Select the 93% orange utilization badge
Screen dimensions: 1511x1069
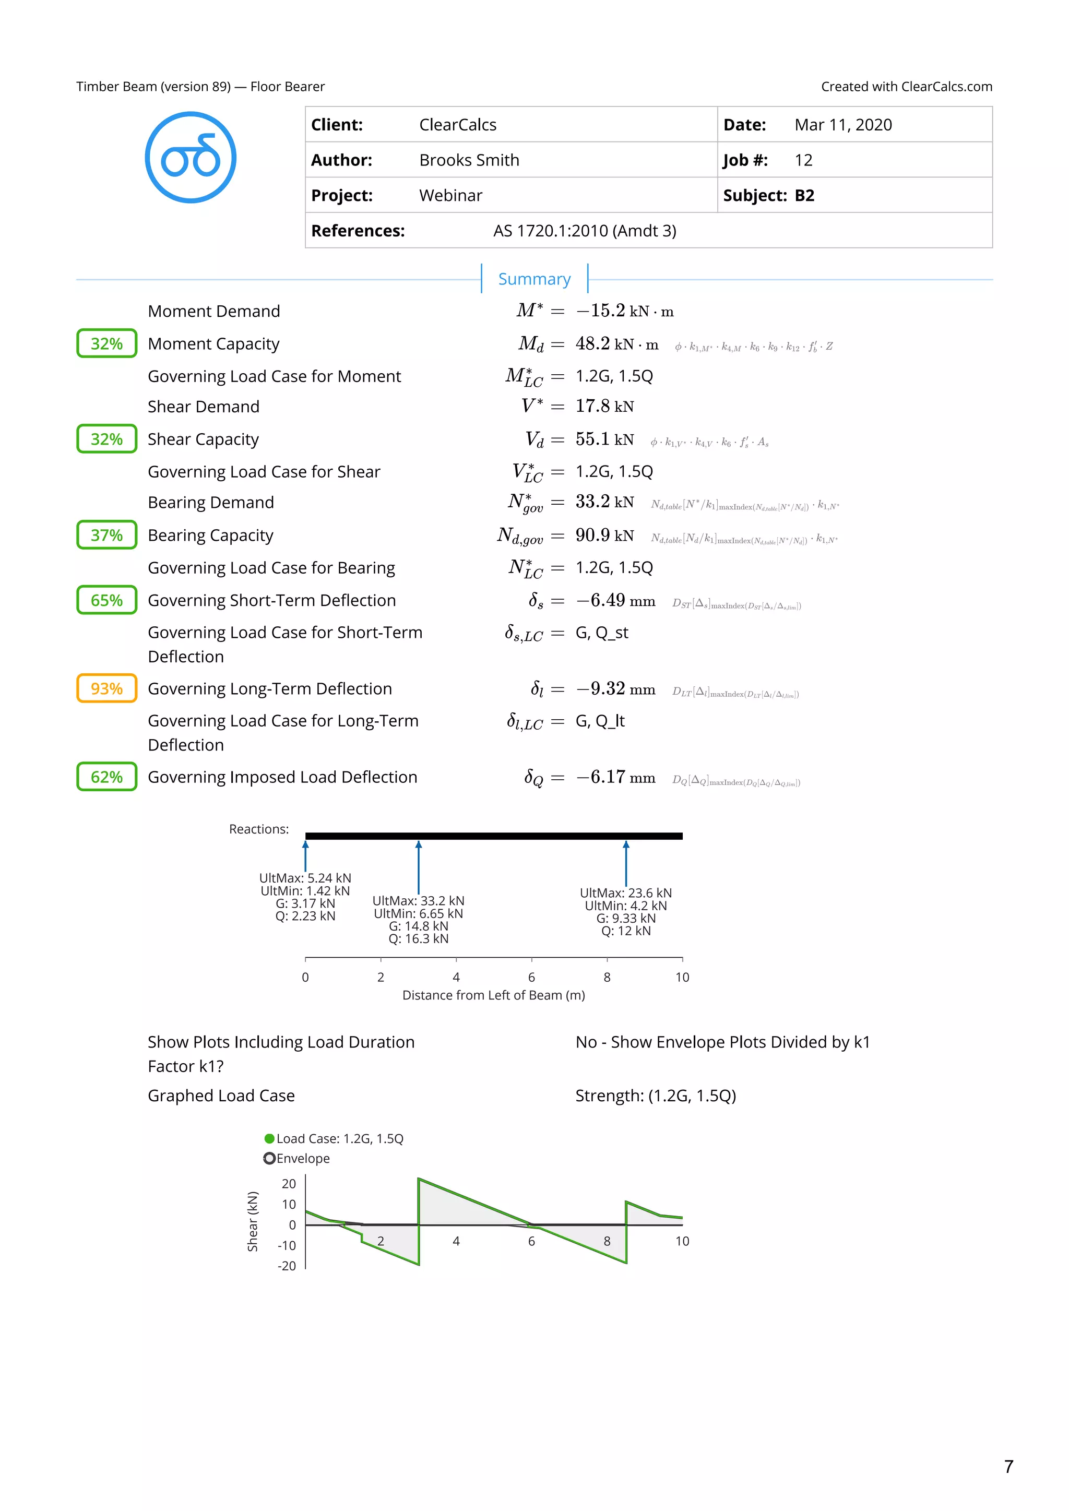coord(106,688)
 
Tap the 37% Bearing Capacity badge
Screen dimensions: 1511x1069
coord(106,535)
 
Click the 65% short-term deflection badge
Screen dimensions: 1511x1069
coord(106,600)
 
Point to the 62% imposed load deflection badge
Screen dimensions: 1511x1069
coord(106,777)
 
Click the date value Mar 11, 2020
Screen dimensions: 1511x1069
coord(842,125)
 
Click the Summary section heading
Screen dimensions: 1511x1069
coord(534,279)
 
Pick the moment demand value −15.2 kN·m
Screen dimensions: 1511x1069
coord(624,311)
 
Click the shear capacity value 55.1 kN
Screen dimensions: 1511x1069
coord(604,439)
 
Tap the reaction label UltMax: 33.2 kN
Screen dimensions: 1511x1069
coord(418,900)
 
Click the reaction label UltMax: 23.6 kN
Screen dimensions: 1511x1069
coord(625,893)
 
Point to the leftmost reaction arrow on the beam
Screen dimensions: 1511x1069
coord(305,855)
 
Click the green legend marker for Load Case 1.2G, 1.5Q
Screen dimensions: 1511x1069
coord(269,1138)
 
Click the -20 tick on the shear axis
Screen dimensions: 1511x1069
coord(287,1266)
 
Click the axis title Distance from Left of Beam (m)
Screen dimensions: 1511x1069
coord(493,995)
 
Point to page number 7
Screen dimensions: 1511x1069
coord(1008,1466)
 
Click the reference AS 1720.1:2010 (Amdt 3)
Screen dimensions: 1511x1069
coord(585,231)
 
